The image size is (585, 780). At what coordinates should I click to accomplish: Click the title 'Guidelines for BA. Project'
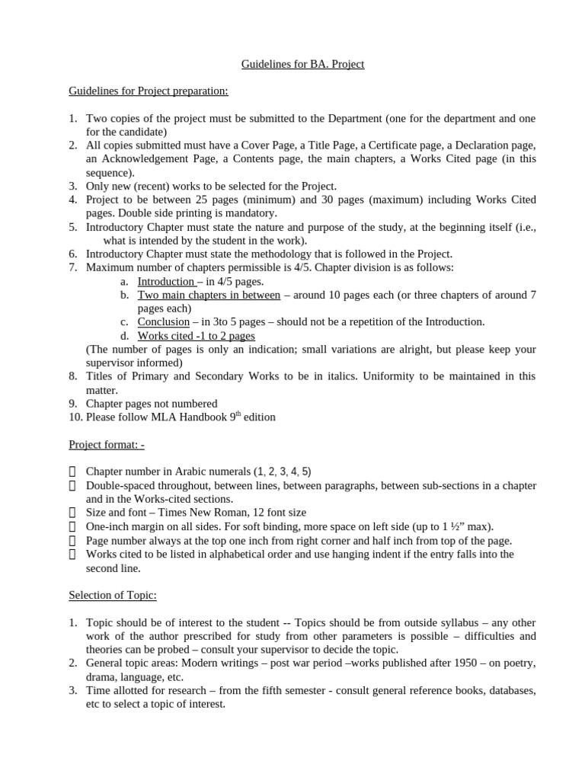302,64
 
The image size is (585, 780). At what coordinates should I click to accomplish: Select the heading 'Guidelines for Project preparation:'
149,91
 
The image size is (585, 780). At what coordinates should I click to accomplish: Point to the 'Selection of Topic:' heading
113,595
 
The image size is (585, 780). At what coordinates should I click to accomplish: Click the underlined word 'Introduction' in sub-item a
165,281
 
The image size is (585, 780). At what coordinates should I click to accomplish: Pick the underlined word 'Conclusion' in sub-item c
163,321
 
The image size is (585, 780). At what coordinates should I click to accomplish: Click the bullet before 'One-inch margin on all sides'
72,527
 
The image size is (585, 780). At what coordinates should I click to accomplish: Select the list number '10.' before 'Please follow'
75,417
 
